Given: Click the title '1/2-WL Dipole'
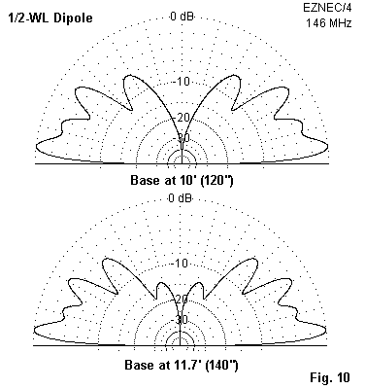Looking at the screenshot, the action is coord(50,18).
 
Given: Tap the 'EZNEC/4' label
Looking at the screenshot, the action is coord(327,8).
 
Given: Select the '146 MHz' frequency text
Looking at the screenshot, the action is coord(329,23).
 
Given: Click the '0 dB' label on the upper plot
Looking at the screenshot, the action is coord(182,17).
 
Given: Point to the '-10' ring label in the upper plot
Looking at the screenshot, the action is coord(182,82).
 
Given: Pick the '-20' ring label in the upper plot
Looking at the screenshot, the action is coord(182,118).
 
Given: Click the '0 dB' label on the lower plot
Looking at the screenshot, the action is coord(181,198).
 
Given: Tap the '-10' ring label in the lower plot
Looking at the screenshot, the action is coord(181,264).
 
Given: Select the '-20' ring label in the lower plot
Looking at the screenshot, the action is coord(181,299).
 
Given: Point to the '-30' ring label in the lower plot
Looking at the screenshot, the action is coord(181,320).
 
